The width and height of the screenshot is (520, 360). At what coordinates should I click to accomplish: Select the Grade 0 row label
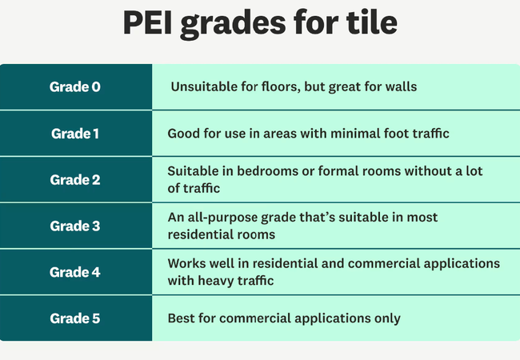(75, 86)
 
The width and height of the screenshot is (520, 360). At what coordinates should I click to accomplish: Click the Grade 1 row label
(75, 133)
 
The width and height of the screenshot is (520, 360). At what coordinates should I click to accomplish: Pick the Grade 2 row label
(75, 179)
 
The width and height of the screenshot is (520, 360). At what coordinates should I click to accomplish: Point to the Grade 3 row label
(75, 226)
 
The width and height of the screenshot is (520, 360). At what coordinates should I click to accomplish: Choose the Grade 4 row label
(75, 271)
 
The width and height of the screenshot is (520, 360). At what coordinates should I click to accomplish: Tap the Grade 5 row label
(75, 318)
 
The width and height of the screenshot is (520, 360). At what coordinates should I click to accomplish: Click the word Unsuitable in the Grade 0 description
(201, 86)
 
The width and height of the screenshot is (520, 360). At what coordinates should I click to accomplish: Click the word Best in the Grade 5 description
(181, 318)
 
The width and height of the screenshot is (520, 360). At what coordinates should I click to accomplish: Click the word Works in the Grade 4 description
(186, 263)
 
